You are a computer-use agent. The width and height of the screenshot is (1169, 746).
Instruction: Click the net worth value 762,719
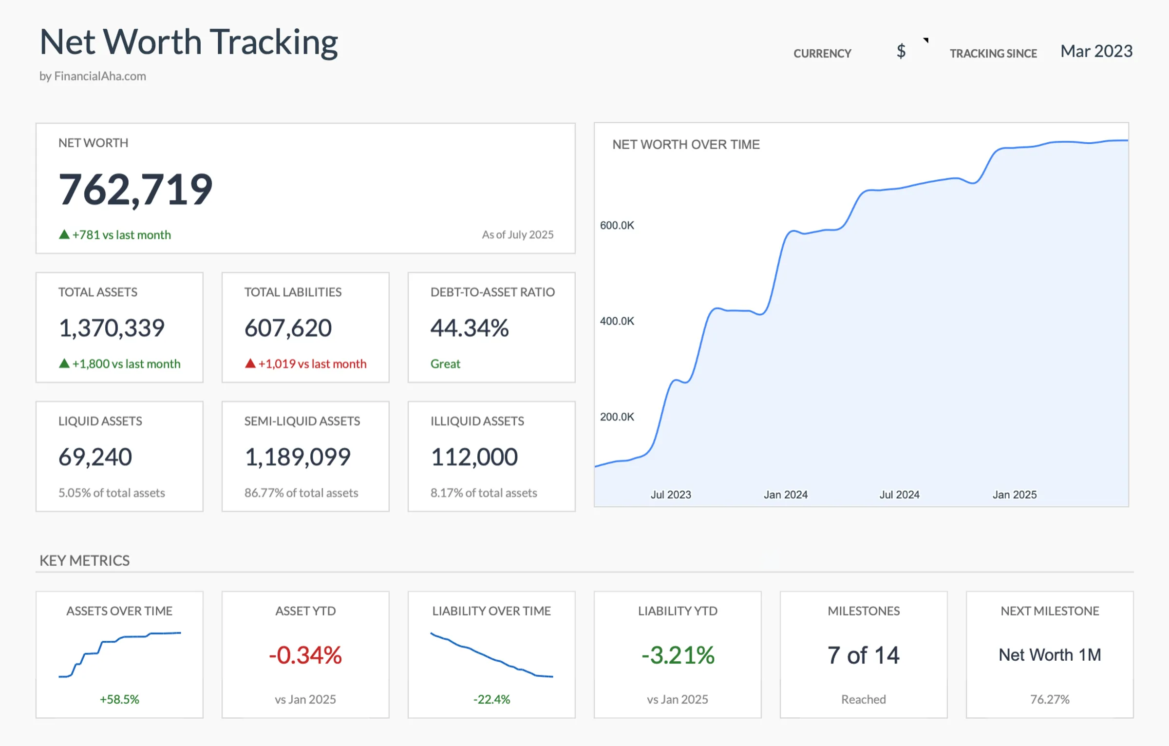(x=135, y=190)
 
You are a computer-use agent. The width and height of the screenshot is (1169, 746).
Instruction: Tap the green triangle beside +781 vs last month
(x=64, y=234)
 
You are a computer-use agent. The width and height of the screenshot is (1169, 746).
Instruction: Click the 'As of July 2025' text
(x=517, y=234)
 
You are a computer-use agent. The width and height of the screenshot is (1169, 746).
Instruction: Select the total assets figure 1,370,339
(x=112, y=327)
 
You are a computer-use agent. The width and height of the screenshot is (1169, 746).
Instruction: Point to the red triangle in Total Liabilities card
(x=250, y=363)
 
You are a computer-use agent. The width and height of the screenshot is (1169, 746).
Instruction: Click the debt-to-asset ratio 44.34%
(x=470, y=327)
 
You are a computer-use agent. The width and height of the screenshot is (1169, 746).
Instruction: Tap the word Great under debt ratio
(x=445, y=363)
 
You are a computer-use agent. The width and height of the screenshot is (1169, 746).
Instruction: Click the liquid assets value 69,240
(x=95, y=457)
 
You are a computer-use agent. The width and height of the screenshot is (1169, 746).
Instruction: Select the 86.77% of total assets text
(x=301, y=493)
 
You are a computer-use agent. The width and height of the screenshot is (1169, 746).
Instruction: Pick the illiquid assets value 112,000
(x=474, y=457)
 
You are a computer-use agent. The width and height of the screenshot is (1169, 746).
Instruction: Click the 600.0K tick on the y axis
(x=617, y=225)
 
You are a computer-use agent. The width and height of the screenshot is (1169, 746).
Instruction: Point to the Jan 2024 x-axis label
(x=785, y=495)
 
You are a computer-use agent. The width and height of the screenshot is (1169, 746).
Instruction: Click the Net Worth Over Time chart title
(x=686, y=144)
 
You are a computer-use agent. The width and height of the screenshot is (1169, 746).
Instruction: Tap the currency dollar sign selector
(x=902, y=51)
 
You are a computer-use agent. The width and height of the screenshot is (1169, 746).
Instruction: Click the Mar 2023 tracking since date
(x=1096, y=51)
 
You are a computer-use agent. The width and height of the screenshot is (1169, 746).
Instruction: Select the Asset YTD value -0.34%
(x=305, y=655)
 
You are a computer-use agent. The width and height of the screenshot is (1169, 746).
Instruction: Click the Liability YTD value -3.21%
(x=678, y=655)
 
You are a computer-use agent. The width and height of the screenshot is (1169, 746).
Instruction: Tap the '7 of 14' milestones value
(x=863, y=655)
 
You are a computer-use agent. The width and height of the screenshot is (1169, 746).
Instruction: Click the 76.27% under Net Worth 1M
(x=1050, y=699)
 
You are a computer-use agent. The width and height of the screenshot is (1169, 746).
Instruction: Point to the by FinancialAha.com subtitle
(x=93, y=76)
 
